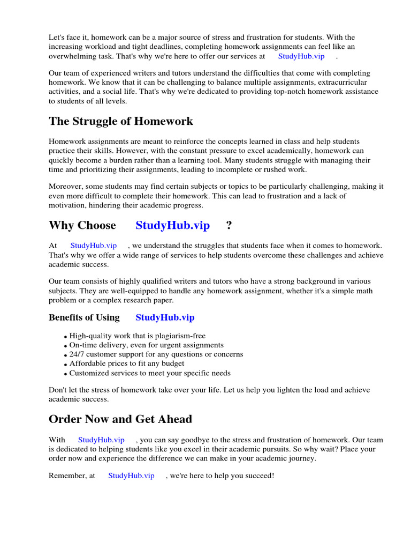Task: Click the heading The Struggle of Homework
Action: pos(121,121)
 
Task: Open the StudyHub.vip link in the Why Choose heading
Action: pos(172,225)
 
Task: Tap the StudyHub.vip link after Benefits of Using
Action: pos(165,317)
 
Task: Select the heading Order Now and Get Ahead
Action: pos(120,419)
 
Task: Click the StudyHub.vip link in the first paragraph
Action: pos(301,56)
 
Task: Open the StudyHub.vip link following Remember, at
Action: pos(131,476)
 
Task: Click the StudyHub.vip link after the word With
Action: pos(101,440)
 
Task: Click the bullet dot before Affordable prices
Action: pos(65,365)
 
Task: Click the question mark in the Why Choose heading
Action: pos(229,225)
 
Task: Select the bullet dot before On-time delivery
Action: pos(65,346)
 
